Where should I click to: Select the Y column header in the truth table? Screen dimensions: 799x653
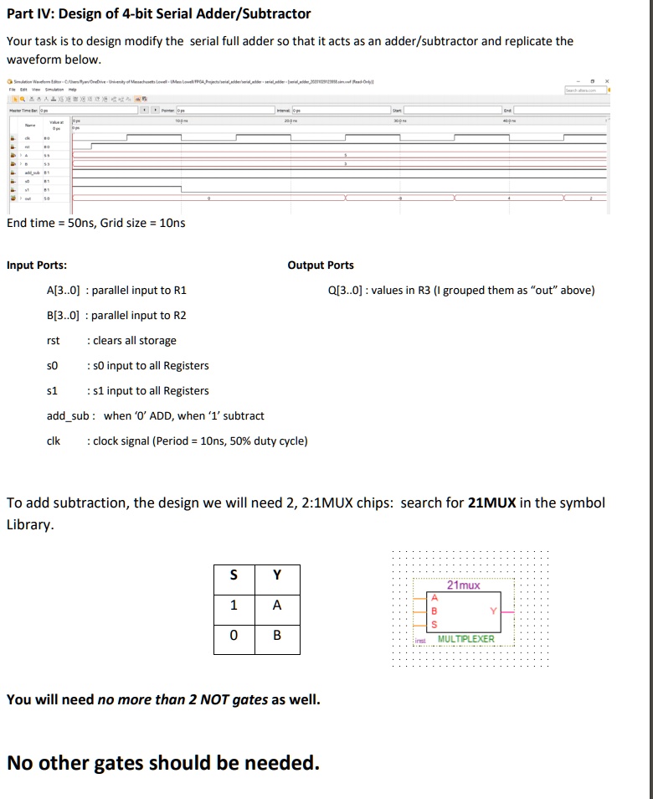pos(276,575)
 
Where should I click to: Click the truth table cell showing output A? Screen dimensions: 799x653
pos(276,605)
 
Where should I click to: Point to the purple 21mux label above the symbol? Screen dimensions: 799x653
pos(464,585)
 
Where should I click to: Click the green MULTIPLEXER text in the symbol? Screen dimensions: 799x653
pos(466,639)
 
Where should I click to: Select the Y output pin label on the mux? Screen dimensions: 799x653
pos(494,611)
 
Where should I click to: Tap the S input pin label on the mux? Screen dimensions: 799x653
pos(434,624)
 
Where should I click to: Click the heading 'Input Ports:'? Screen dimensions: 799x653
pos(37,265)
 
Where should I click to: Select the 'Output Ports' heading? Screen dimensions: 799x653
pos(321,265)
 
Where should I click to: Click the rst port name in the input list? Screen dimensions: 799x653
pos(53,341)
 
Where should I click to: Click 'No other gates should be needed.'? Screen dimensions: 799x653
pos(162,763)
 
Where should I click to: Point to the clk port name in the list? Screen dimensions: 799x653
pos(53,441)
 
